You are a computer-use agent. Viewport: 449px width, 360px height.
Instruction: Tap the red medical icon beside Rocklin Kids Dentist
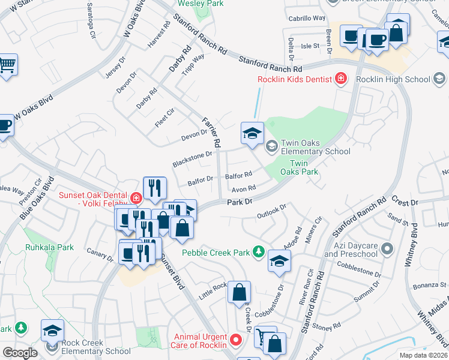[341, 78]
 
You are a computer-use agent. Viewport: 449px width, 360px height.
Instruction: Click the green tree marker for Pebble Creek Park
[259, 251]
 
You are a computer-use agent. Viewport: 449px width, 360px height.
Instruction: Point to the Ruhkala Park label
[49, 247]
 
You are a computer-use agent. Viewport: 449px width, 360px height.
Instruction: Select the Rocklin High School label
[393, 79]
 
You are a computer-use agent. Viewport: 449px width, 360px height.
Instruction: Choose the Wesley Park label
[199, 4]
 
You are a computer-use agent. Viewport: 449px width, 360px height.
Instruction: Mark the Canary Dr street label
[100, 255]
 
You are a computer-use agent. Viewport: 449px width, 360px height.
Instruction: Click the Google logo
[19, 352]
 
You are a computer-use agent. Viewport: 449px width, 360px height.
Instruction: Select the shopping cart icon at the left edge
[7, 65]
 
